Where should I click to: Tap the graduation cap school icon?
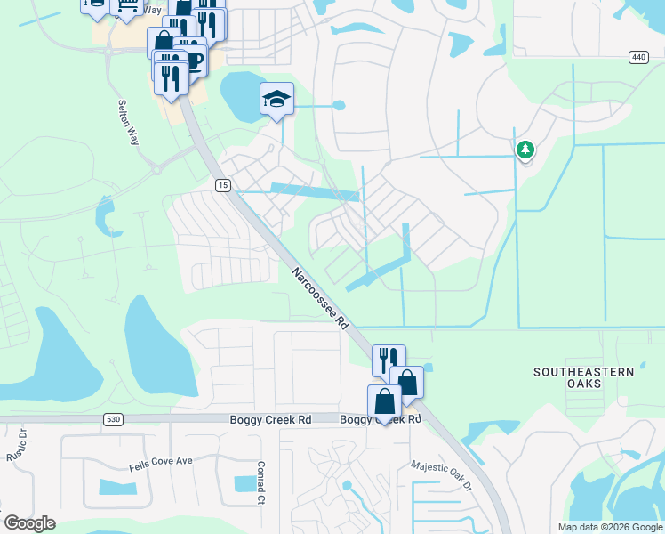pyautogui.click(x=276, y=99)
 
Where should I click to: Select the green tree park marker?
pyautogui.click(x=525, y=150)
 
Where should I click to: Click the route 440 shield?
pyautogui.click(x=638, y=57)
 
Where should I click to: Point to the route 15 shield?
pyautogui.click(x=222, y=184)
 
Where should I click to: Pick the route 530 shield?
pyautogui.click(x=113, y=419)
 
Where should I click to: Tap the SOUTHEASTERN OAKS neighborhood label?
pyautogui.click(x=584, y=376)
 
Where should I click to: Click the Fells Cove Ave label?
pyautogui.click(x=159, y=460)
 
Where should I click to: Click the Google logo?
pyautogui.click(x=30, y=523)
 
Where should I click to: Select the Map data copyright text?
pyautogui.click(x=610, y=527)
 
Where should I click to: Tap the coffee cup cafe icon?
pyautogui.click(x=194, y=60)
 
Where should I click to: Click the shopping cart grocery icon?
pyautogui.click(x=127, y=5)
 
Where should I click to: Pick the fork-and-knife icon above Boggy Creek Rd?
pyautogui.click(x=389, y=360)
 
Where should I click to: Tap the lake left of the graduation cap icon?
pyautogui.click(x=240, y=93)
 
